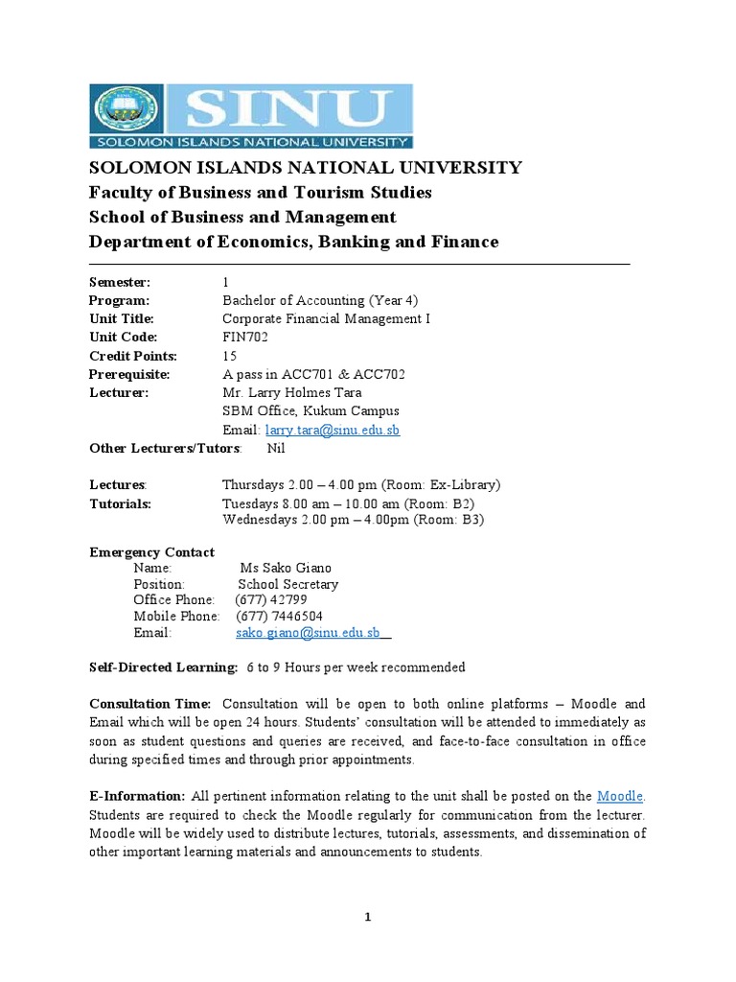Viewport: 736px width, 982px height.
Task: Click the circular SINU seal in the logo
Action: (x=126, y=110)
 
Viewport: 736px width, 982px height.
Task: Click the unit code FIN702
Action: (x=245, y=337)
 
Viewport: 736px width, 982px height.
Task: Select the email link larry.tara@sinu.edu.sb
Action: (x=333, y=430)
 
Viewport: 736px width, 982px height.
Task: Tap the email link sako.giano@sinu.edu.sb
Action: (x=309, y=633)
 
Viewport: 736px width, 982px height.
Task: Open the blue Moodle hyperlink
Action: (x=620, y=795)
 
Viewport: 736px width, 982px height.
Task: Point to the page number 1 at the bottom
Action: (x=368, y=918)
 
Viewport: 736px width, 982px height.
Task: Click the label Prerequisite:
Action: (x=129, y=374)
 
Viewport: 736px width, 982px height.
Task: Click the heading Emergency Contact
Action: (x=151, y=552)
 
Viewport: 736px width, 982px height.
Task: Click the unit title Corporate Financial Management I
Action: (x=326, y=318)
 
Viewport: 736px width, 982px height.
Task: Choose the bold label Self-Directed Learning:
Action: (x=163, y=666)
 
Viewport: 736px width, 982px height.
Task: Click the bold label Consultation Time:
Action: (x=149, y=704)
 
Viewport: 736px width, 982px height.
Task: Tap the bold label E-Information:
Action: (x=137, y=795)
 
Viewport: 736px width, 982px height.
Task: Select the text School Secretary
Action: (x=287, y=584)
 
